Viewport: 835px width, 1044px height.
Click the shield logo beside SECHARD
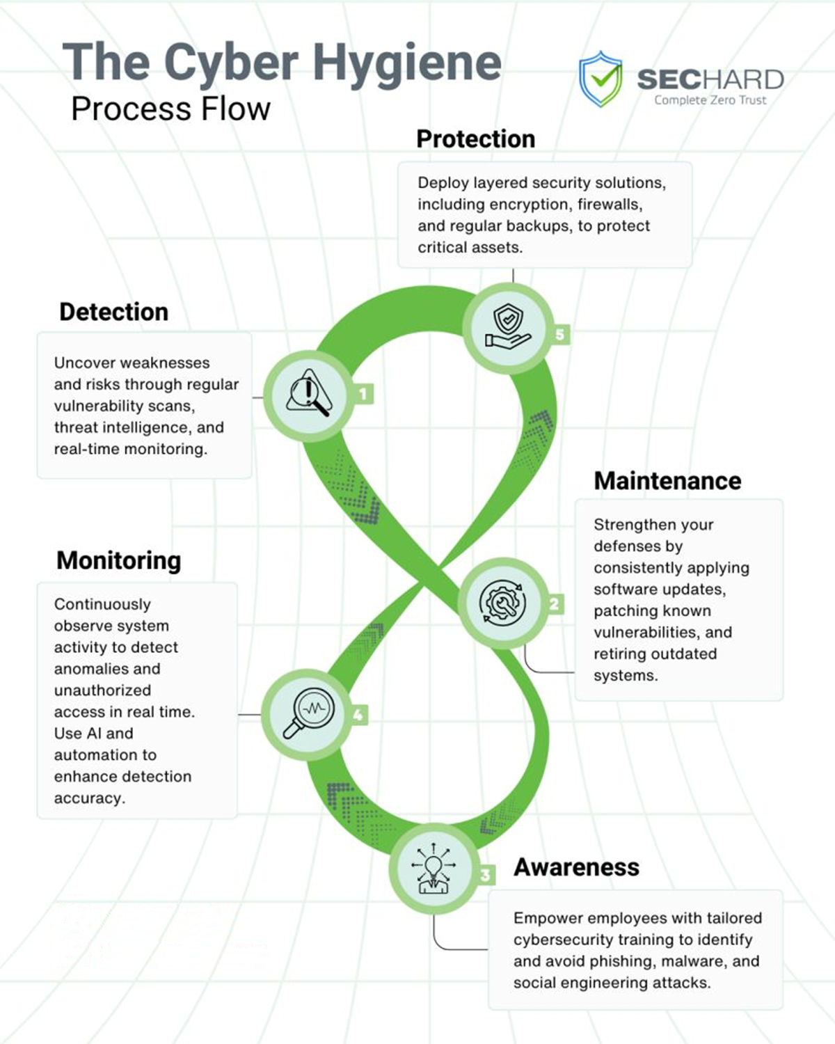pos(601,79)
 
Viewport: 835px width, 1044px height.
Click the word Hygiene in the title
pos(407,64)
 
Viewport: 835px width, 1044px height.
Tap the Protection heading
pos(475,139)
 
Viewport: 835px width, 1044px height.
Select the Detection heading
pos(114,311)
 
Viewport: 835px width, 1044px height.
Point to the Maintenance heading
pos(667,481)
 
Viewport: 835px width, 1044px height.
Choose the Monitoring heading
pos(119,561)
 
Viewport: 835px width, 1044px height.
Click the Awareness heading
pos(576,867)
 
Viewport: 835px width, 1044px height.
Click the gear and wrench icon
pos(502,603)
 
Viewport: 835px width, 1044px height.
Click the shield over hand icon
pos(508,326)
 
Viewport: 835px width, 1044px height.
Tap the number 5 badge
pos(560,335)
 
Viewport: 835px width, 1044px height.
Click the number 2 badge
pos(554,604)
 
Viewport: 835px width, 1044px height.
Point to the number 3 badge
pos(485,875)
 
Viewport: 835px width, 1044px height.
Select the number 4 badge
pos(358,715)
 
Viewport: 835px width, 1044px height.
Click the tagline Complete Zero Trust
pos(710,100)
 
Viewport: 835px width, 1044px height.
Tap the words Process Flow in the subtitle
pos(170,109)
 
